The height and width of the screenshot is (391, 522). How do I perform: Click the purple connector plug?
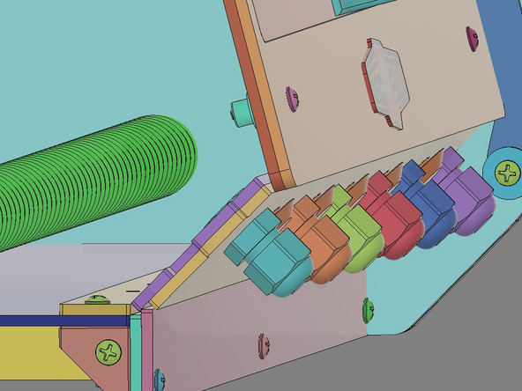[466, 202]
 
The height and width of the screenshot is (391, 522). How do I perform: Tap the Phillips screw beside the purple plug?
[507, 172]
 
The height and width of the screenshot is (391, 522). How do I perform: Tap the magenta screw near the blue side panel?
[472, 37]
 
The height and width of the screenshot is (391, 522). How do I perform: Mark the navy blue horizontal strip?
[35, 321]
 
